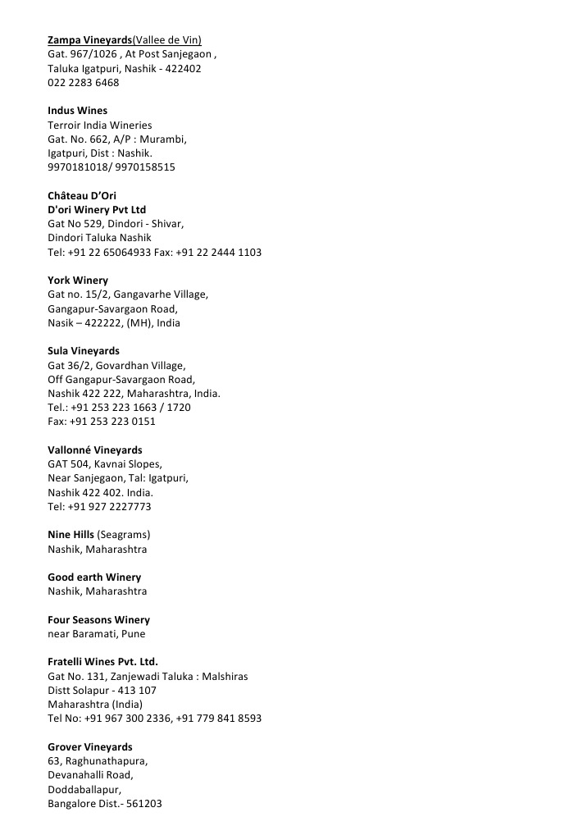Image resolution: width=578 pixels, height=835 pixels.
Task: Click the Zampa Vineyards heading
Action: (x=89, y=40)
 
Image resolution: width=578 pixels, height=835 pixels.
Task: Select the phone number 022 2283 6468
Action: (x=83, y=83)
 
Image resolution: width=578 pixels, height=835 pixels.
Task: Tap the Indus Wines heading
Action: (x=77, y=111)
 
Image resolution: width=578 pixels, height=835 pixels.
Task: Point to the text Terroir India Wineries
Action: (x=99, y=125)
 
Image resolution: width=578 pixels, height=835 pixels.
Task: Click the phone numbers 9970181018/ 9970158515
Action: (x=111, y=167)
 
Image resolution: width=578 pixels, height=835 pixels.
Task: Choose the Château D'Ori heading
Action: (x=81, y=195)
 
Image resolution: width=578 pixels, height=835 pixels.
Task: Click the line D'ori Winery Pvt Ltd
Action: (x=97, y=210)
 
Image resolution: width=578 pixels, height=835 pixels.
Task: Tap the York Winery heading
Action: (x=77, y=281)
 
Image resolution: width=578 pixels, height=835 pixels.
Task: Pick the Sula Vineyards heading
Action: (x=83, y=351)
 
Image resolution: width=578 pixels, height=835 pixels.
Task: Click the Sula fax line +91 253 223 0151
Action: (x=101, y=422)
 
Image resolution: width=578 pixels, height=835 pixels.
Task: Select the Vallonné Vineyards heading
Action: (x=94, y=450)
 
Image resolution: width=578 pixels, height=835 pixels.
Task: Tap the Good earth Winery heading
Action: (x=93, y=577)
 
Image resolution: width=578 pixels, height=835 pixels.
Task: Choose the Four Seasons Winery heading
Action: (x=98, y=620)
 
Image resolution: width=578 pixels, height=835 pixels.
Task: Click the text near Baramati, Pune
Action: (x=97, y=634)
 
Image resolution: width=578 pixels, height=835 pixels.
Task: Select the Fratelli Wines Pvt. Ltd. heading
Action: (x=102, y=662)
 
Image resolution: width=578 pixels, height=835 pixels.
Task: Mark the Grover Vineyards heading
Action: (x=89, y=747)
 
